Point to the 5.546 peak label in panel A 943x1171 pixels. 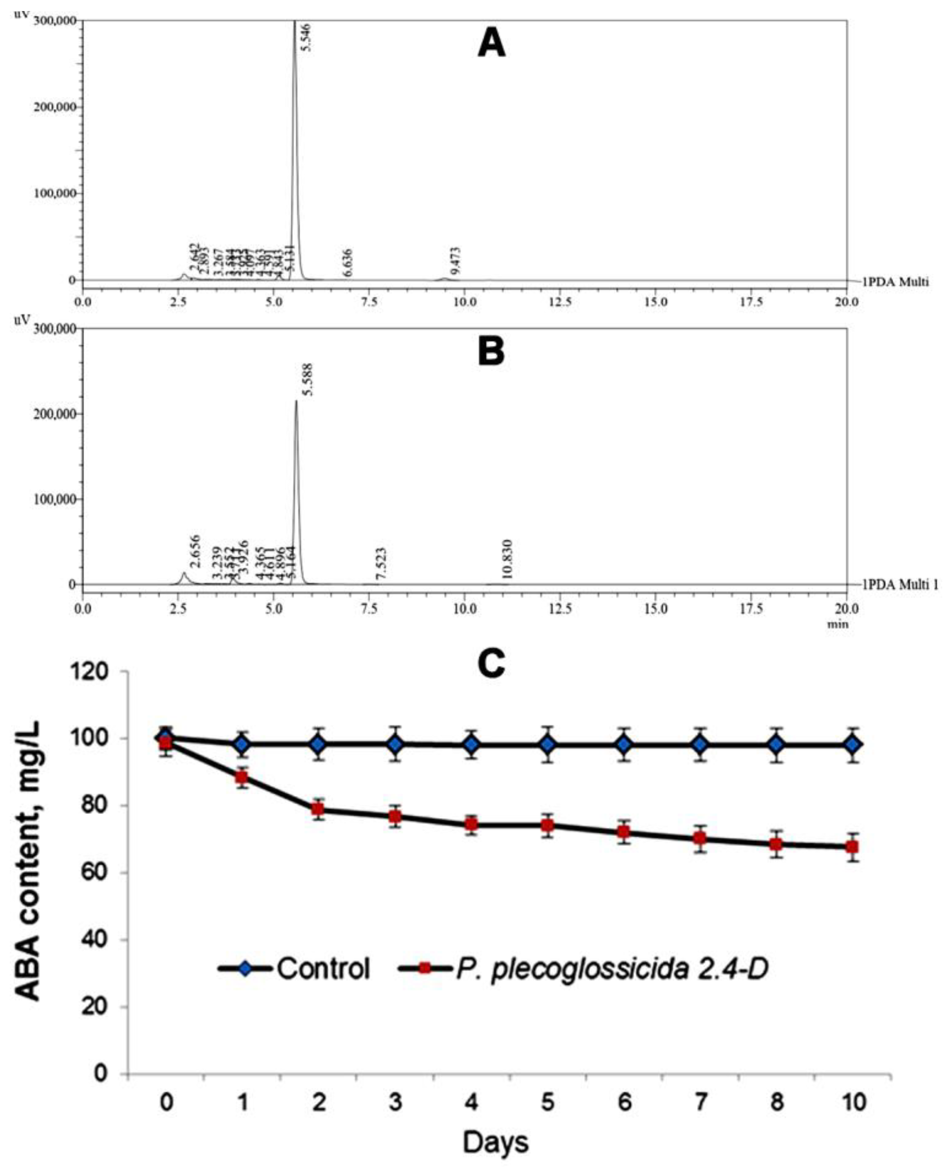[x=307, y=33]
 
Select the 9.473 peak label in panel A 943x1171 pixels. [x=456, y=260]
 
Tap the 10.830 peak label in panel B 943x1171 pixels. [x=508, y=560]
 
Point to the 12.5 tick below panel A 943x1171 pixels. [x=560, y=301]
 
